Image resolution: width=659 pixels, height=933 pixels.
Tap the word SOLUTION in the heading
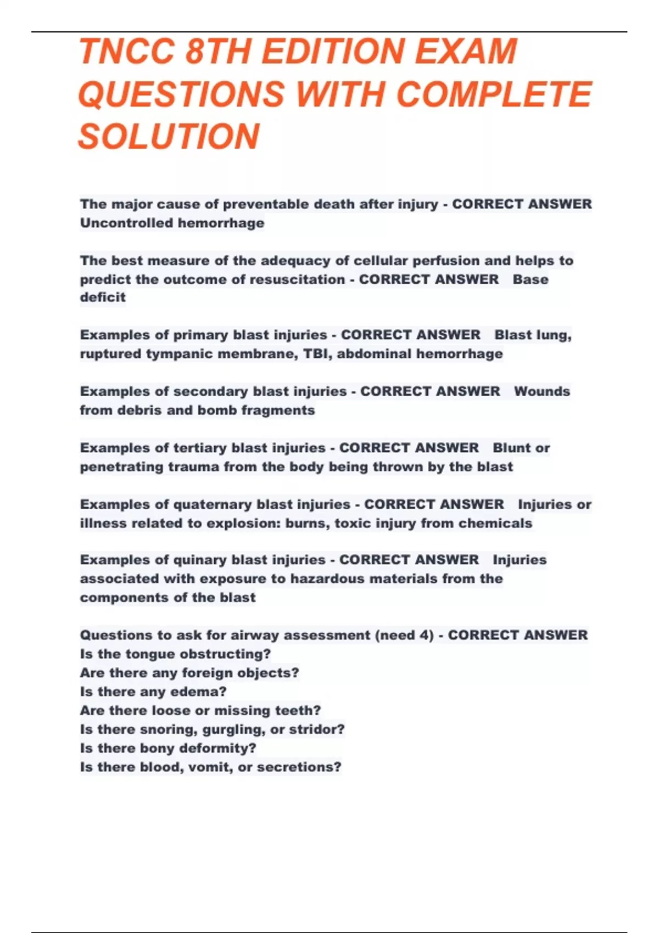169,137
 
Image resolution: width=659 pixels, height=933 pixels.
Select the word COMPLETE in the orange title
494,94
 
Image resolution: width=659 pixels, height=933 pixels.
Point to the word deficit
103,297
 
